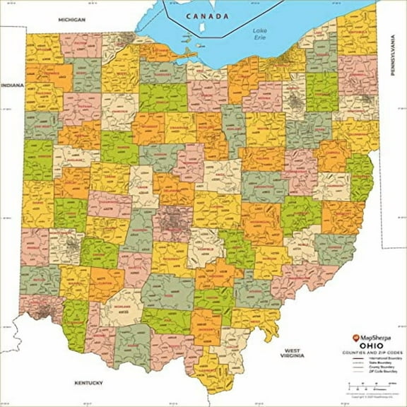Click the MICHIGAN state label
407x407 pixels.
72,20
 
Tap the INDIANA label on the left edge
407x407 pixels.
12,86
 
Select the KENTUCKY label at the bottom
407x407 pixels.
89,382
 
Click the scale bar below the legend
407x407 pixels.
371,385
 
